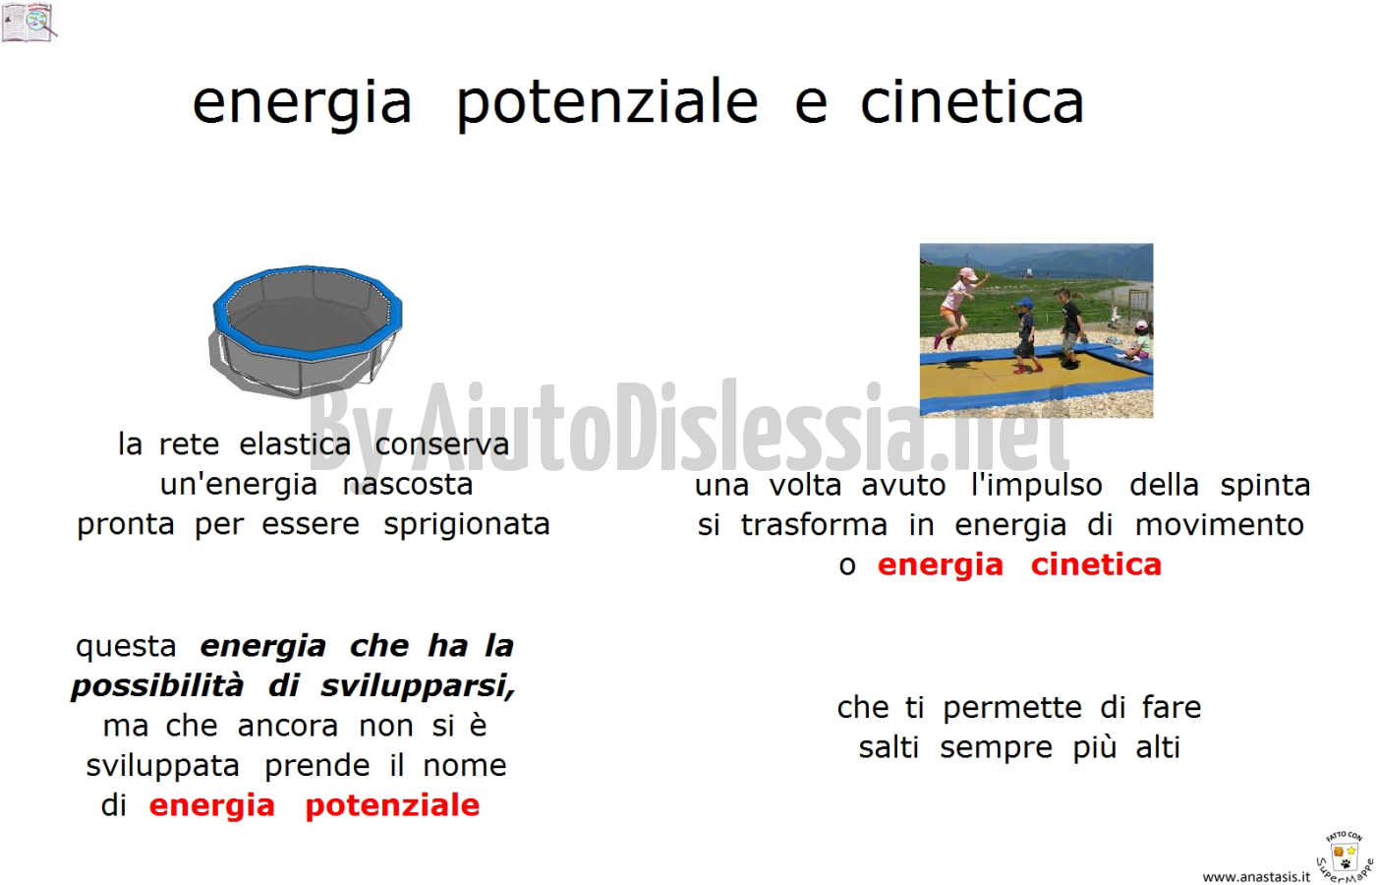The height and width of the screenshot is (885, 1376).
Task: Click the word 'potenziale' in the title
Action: [x=607, y=105]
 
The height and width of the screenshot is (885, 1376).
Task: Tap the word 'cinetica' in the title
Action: [x=972, y=100]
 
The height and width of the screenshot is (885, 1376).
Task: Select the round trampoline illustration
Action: [x=307, y=332]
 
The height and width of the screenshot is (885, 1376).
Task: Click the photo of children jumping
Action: [x=1036, y=330]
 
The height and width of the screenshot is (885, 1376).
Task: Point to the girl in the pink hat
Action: [x=957, y=307]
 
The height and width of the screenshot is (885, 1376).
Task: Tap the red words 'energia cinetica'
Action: [x=1020, y=564]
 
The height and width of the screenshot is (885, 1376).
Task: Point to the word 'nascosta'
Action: [x=408, y=485]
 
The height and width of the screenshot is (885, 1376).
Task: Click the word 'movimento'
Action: [x=1220, y=525]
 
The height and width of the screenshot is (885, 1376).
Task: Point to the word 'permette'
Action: [x=1011, y=708]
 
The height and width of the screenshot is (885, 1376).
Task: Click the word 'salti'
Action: [x=889, y=748]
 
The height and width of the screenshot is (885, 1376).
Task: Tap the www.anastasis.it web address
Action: [x=1256, y=877]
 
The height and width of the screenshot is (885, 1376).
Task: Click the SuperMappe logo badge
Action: [x=1345, y=856]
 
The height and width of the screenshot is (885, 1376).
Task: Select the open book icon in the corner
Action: [x=29, y=22]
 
